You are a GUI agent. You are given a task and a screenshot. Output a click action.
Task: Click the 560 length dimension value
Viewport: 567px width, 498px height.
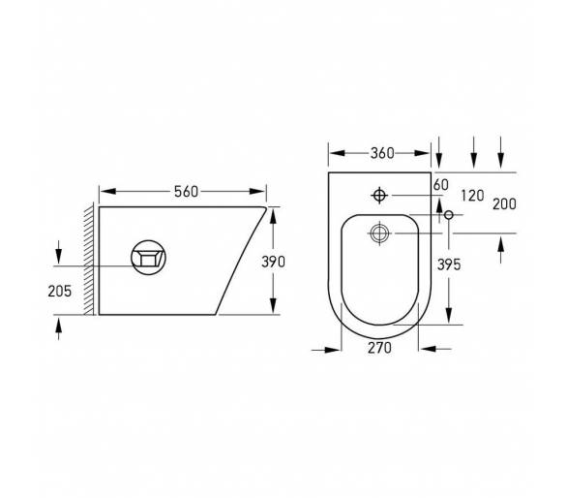click(186, 192)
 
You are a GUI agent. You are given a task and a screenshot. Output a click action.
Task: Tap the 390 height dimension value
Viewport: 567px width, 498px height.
click(274, 262)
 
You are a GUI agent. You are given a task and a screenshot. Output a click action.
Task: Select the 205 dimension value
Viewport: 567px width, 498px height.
click(60, 292)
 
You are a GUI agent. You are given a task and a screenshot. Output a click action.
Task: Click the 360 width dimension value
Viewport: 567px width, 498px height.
click(382, 153)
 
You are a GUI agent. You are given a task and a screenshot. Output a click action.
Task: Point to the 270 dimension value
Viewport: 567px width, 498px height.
click(379, 348)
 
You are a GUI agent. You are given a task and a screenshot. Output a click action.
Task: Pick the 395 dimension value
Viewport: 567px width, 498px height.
click(449, 265)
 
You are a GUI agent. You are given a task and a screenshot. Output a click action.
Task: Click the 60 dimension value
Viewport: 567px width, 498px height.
click(441, 185)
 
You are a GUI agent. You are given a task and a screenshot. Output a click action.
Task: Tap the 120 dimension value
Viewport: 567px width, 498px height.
click(472, 196)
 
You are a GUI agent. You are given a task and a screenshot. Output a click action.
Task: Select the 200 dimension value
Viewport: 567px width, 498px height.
click(504, 204)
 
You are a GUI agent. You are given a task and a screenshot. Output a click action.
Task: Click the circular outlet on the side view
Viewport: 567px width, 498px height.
click(148, 258)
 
